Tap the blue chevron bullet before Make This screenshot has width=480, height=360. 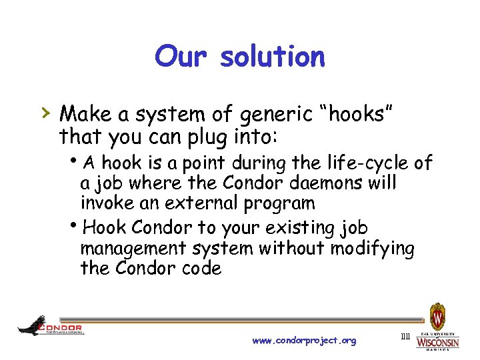pyautogui.click(x=43, y=111)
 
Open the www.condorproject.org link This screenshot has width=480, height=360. pyautogui.click(x=304, y=341)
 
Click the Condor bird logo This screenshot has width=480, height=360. pyautogui.click(x=32, y=326)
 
